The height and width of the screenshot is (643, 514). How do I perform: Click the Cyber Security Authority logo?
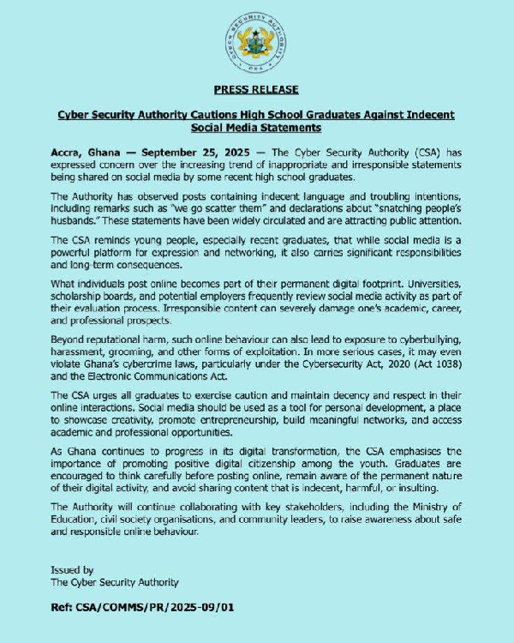pos(256,43)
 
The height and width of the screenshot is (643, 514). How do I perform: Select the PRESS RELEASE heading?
pos(256,89)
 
